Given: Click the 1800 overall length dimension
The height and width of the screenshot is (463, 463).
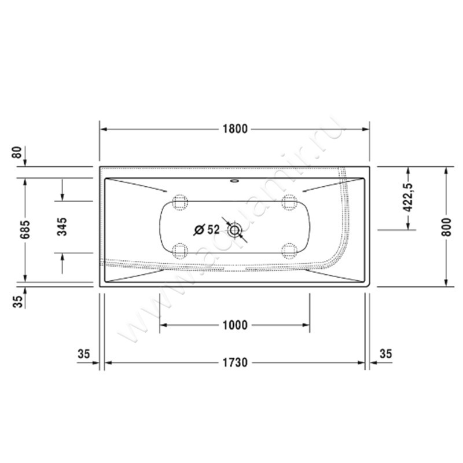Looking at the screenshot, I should pyautogui.click(x=234, y=129).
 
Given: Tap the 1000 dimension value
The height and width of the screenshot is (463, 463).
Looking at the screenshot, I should pyautogui.click(x=234, y=325).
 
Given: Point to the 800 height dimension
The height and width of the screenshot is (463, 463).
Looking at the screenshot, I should pyautogui.click(x=446, y=226).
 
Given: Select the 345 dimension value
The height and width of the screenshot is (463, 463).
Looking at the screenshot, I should pyautogui.click(x=63, y=226).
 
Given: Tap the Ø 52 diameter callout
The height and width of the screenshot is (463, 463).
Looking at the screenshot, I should pyautogui.click(x=207, y=229).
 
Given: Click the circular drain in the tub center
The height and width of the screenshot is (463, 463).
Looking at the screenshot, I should pyautogui.click(x=234, y=230).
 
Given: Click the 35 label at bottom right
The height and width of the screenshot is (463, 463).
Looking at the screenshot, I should pyautogui.click(x=385, y=354).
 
